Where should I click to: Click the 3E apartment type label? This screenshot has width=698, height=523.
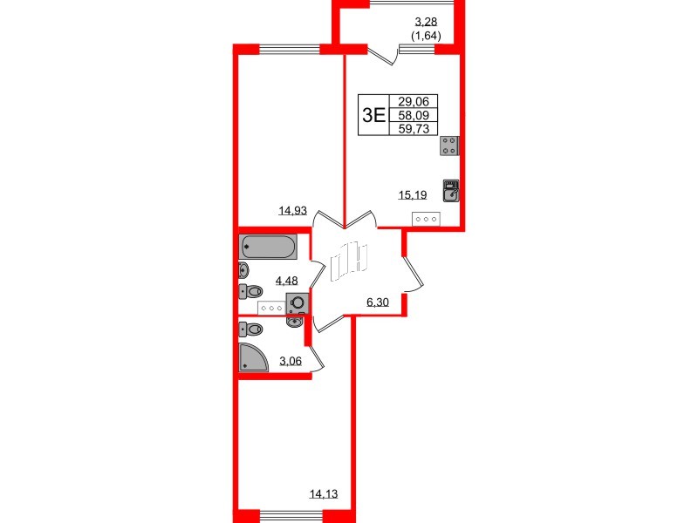[373, 114]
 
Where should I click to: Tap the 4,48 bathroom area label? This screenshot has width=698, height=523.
[287, 280]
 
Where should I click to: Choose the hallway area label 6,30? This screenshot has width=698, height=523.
[377, 302]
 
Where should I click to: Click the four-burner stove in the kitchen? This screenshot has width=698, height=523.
[450, 146]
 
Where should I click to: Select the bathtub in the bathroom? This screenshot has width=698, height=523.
[269, 247]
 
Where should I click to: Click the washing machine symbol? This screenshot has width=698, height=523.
[298, 303]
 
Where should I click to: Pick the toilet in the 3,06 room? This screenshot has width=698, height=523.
[250, 329]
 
